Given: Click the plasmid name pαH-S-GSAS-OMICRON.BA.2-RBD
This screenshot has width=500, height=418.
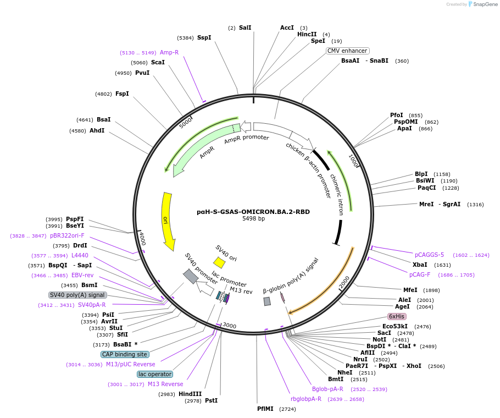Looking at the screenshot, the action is (x=253, y=211).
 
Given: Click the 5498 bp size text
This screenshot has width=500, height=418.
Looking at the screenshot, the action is (x=253, y=218).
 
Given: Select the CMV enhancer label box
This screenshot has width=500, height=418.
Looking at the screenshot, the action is (x=347, y=51).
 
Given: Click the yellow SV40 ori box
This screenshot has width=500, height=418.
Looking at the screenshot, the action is (x=219, y=263).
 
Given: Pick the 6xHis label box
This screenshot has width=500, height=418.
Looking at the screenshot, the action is (x=396, y=316).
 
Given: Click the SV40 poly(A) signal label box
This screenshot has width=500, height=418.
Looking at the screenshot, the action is (x=77, y=295).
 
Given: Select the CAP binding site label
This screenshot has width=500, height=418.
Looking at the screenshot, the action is (x=125, y=354).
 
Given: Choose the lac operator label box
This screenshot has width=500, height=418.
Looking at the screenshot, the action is (x=155, y=374).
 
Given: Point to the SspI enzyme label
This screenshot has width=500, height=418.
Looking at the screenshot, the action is (x=204, y=38).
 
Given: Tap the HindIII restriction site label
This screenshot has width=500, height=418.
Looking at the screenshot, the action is (x=190, y=394).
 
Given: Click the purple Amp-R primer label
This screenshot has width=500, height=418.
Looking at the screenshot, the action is (x=169, y=52).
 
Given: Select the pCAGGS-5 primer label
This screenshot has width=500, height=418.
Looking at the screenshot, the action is (x=429, y=255).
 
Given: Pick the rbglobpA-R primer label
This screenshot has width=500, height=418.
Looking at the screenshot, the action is (x=306, y=399).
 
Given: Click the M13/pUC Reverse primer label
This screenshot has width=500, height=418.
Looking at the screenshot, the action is (x=130, y=364).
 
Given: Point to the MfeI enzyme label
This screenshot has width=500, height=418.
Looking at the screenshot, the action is (x=410, y=290).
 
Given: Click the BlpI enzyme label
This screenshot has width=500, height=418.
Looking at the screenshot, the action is (x=421, y=174).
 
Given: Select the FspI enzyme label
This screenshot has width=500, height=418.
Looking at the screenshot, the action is (x=122, y=94).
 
